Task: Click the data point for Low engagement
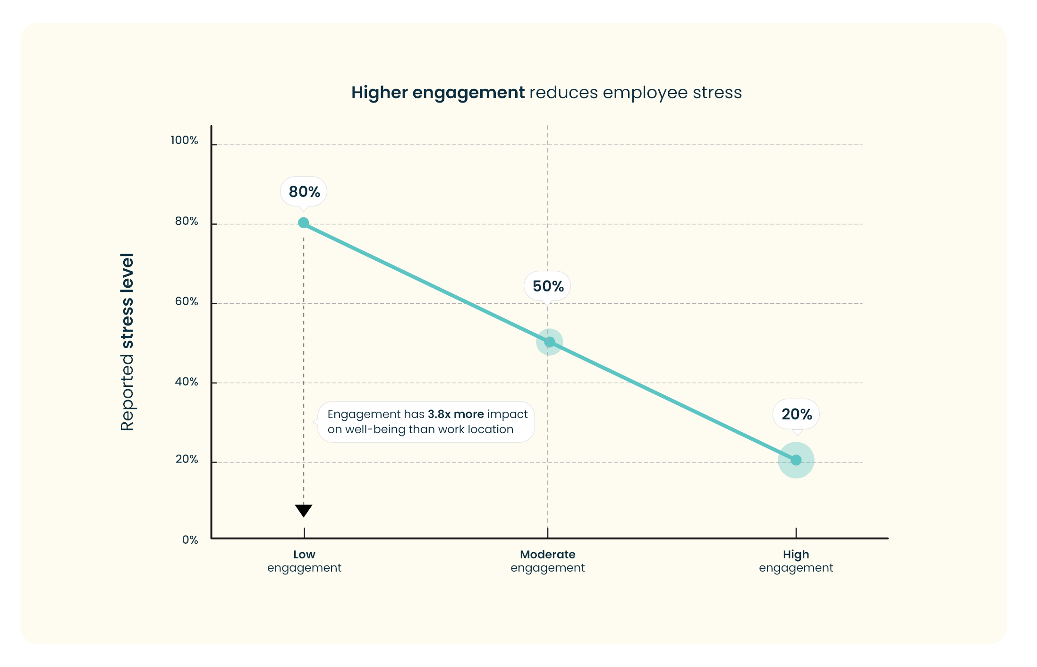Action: [x=304, y=223]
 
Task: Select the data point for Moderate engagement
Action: [x=550, y=342]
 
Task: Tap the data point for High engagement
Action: [x=796, y=460]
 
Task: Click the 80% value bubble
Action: [x=304, y=192]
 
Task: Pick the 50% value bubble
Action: [x=548, y=286]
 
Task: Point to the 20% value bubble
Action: [x=797, y=414]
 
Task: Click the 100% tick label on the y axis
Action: [x=185, y=140]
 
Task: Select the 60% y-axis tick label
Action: [x=187, y=301]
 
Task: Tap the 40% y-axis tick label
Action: [x=187, y=382]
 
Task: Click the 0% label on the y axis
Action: [x=190, y=540]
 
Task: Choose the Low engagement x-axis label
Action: [x=304, y=561]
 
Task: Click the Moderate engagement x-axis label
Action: [x=548, y=561]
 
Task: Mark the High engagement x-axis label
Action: [x=796, y=561]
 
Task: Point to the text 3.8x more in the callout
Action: [x=456, y=414]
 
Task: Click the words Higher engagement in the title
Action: [x=438, y=93]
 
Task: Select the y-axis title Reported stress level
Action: [x=127, y=342]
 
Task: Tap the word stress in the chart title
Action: [x=717, y=93]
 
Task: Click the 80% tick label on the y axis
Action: [x=187, y=221]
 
